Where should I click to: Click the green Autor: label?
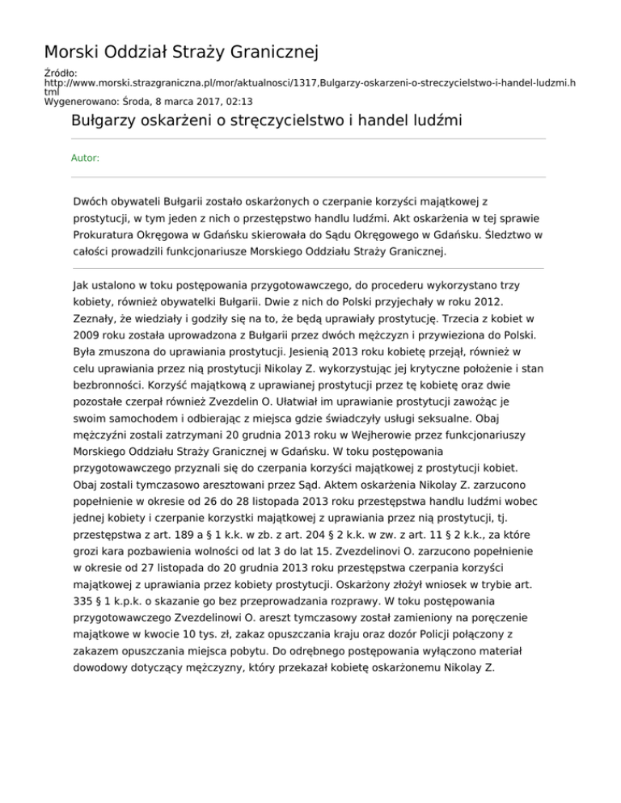click(86, 158)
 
